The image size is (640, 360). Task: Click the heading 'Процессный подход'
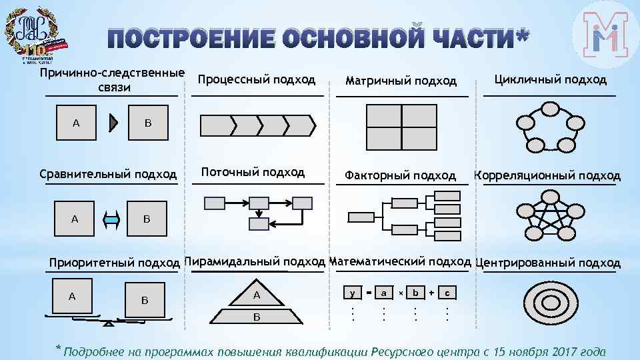tap(257, 79)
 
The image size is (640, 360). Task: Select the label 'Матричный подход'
tap(401, 81)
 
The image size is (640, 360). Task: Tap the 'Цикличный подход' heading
tap(550, 79)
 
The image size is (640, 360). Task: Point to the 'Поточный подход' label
tap(253, 172)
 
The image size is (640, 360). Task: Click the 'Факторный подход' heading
tap(400, 175)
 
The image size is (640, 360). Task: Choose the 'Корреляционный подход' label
tap(547, 175)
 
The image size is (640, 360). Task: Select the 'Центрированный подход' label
tap(548, 263)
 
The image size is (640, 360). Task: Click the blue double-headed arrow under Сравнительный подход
tap(111, 219)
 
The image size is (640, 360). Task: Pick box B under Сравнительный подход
tap(147, 219)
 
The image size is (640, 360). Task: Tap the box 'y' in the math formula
tap(352, 293)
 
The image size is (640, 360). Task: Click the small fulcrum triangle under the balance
tap(109, 323)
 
